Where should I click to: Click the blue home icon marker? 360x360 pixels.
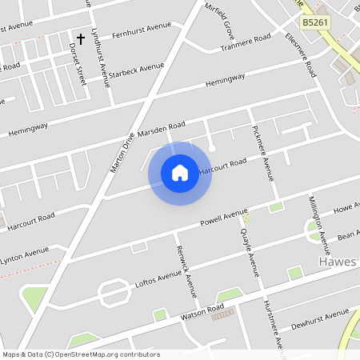(180, 173)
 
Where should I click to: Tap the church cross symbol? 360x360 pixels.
(80, 38)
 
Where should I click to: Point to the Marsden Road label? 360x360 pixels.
(161, 129)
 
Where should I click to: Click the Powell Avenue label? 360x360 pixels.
(225, 217)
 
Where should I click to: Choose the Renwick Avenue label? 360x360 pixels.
(186, 269)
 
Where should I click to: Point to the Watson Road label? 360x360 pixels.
(201, 310)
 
